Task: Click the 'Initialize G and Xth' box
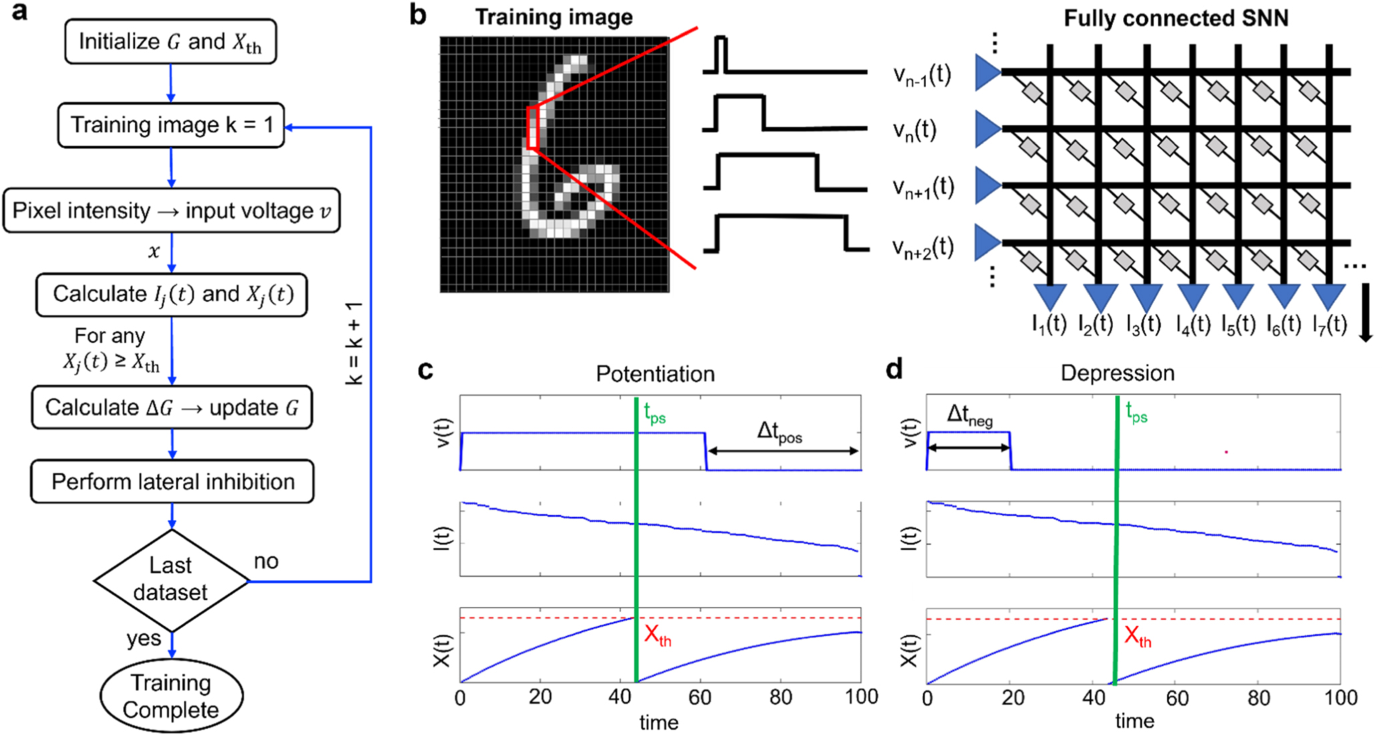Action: (x=170, y=42)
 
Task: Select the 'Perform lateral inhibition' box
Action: (x=172, y=481)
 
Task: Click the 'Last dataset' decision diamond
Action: (x=171, y=579)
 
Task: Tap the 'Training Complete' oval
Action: (x=171, y=696)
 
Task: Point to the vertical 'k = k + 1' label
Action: (x=354, y=342)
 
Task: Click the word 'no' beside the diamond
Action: (x=266, y=561)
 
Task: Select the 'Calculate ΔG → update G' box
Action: (x=172, y=407)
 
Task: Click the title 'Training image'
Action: (x=553, y=17)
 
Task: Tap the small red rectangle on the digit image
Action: (x=532, y=128)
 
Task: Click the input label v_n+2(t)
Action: (x=923, y=248)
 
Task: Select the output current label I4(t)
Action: (x=1192, y=325)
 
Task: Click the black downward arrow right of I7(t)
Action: (x=1365, y=312)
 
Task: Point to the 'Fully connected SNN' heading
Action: (x=1176, y=19)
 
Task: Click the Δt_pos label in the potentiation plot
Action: (x=779, y=432)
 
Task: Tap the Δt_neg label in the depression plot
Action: (x=969, y=416)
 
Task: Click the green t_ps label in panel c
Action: (x=654, y=414)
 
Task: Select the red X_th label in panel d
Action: (x=1138, y=636)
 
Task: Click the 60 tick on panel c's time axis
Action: (x=700, y=698)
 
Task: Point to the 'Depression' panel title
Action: (x=1117, y=373)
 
